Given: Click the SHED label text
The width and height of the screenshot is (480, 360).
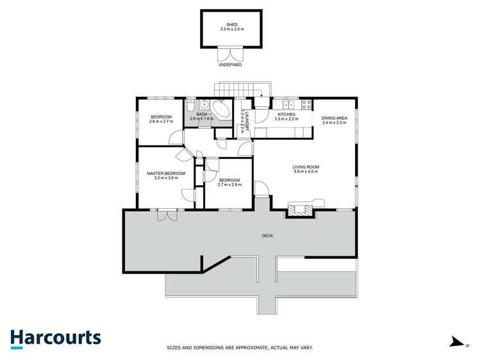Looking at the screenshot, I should tap(231, 24).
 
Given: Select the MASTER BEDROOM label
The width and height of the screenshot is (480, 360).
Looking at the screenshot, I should tap(165, 174).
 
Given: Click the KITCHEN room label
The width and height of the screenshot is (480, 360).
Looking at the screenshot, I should tap(286, 115).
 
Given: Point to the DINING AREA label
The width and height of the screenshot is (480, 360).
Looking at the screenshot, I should tap(334, 118).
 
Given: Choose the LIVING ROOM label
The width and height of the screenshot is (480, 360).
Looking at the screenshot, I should tap(306, 167).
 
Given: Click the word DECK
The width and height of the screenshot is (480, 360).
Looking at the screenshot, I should tap(267, 236).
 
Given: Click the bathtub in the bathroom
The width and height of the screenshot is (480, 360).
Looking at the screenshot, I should tap(221, 110).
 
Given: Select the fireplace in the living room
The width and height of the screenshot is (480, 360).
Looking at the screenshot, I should tap(300, 208).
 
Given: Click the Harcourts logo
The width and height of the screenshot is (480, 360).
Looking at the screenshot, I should tap(55, 338).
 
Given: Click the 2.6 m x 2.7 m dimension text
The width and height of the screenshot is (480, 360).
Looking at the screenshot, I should tap(161, 122).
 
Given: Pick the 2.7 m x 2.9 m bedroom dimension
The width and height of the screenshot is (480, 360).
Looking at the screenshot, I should tap(229, 185).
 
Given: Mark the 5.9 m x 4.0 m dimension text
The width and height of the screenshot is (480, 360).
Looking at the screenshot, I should tap(306, 172).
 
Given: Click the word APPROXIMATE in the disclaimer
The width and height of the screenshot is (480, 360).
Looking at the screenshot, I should tap(235, 348).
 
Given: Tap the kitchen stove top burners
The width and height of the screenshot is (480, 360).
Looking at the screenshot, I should tap(307, 103).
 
